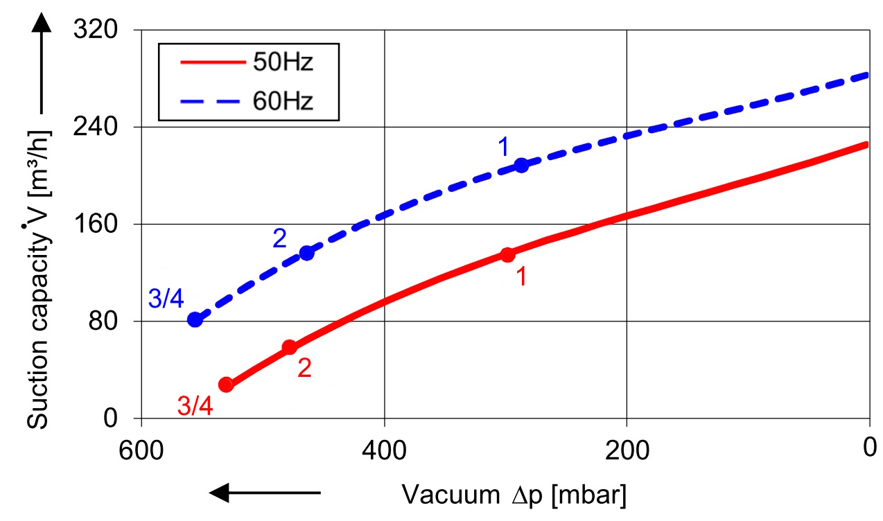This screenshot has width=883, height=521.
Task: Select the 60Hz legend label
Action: [x=283, y=101]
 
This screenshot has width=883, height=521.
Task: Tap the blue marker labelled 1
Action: [x=522, y=165]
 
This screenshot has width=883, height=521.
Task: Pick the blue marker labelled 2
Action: [x=306, y=253]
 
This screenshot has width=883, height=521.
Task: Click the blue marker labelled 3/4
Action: [x=195, y=319]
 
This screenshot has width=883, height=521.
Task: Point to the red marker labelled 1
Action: [x=508, y=254]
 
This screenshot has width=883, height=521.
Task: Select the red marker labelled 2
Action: [x=290, y=347]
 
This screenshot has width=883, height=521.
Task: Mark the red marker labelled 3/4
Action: [x=225, y=385]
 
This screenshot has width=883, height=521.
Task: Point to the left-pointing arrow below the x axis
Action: [x=265, y=493]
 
